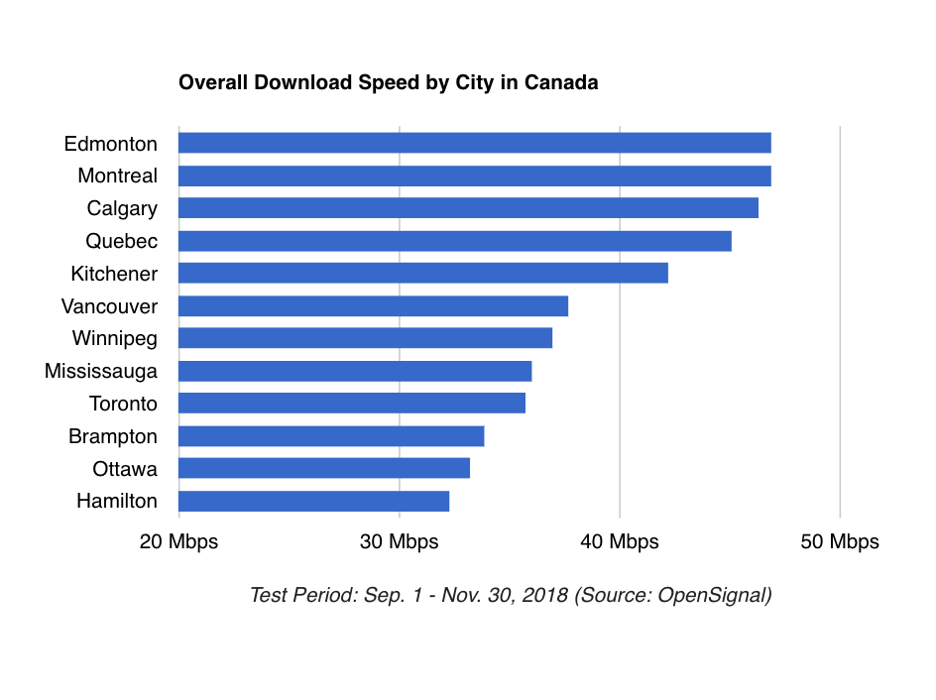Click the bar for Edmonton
(x=474, y=143)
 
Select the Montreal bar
(x=474, y=175)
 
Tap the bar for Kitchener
(x=422, y=273)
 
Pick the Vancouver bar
(x=373, y=305)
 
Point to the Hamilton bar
(x=313, y=501)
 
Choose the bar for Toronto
(x=351, y=404)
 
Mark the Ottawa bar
(x=323, y=468)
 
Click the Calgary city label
(x=122, y=208)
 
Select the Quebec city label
(x=121, y=241)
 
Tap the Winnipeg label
(x=114, y=338)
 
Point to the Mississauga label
(x=101, y=371)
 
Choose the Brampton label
(x=113, y=436)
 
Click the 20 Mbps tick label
(x=178, y=542)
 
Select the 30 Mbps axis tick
(x=399, y=542)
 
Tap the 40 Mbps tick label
(x=620, y=542)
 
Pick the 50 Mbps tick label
(x=840, y=542)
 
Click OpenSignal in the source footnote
(x=714, y=596)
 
